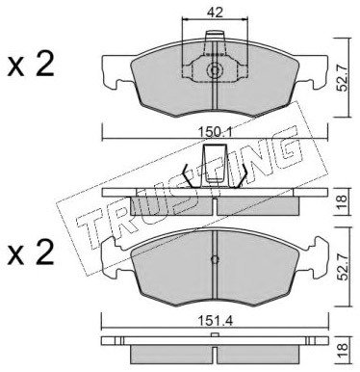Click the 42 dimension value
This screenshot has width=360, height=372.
(x=215, y=13)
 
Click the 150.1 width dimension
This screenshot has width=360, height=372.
(x=215, y=132)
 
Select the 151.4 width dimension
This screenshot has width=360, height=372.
(x=215, y=321)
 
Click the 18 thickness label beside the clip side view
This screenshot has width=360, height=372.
(x=343, y=201)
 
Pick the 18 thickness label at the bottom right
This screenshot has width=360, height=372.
(x=343, y=348)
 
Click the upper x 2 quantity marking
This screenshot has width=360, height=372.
(x=31, y=66)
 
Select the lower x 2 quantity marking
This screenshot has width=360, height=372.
(x=31, y=253)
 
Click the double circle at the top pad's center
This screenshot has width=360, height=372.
(x=215, y=70)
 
